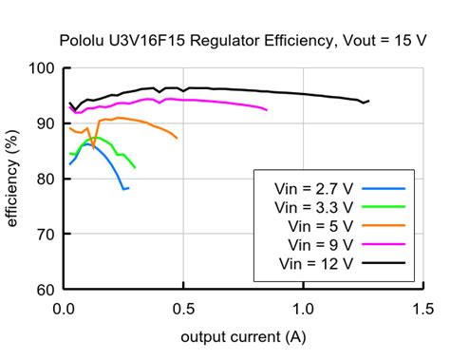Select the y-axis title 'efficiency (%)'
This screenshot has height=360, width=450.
click(14, 179)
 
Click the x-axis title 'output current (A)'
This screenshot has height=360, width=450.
click(244, 337)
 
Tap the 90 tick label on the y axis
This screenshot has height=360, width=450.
click(45, 123)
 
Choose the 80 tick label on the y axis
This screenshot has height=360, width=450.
click(45, 179)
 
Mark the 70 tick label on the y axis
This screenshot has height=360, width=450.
click(45, 234)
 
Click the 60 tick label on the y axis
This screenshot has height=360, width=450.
click(45, 289)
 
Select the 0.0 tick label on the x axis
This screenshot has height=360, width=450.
click(65, 309)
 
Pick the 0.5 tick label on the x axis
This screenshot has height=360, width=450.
click(184, 309)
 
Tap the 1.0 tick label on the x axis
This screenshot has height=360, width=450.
click(304, 309)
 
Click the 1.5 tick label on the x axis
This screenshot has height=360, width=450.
click(423, 309)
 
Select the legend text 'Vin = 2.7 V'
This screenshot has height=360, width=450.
click(313, 187)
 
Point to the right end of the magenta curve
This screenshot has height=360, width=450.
click(267, 111)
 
